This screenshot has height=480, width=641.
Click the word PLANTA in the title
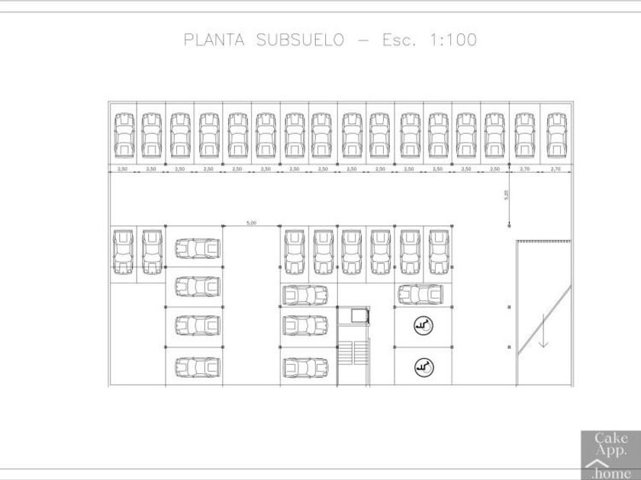click(214, 40)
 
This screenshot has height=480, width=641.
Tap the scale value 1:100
click(451, 40)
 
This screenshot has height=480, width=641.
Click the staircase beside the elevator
click(353, 354)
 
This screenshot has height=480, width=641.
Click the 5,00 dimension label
click(251, 222)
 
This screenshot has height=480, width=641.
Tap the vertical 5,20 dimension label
click(506, 194)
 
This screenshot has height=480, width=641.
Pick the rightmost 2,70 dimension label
click(556, 168)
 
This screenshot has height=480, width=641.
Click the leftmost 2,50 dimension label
click(122, 168)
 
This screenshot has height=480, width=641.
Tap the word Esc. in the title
click(399, 40)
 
